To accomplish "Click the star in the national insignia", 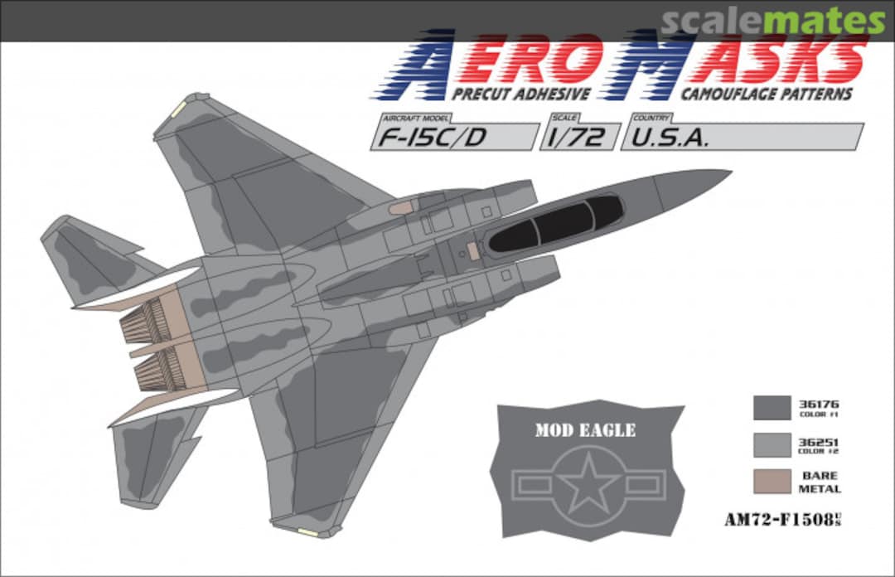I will (588, 484).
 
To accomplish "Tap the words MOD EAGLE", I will (585, 430).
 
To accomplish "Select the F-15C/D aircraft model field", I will (432, 138).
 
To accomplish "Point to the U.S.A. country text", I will (669, 138).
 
